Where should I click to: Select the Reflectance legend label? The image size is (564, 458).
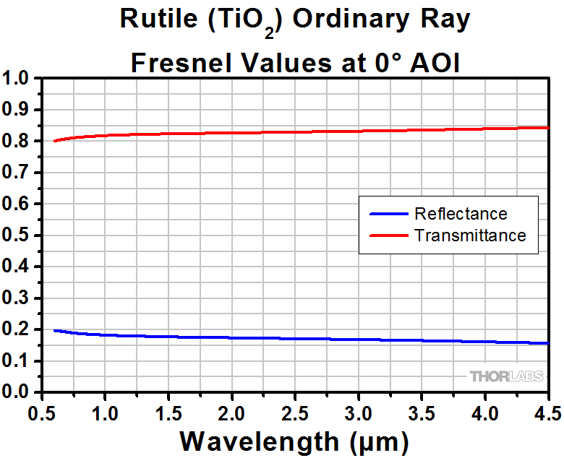tap(461, 214)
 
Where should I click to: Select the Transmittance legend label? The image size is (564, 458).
tap(470, 236)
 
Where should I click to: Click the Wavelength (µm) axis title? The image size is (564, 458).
tap(294, 439)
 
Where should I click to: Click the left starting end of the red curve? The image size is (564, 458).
tap(55, 141)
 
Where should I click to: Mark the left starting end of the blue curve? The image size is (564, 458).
tap(55, 330)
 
